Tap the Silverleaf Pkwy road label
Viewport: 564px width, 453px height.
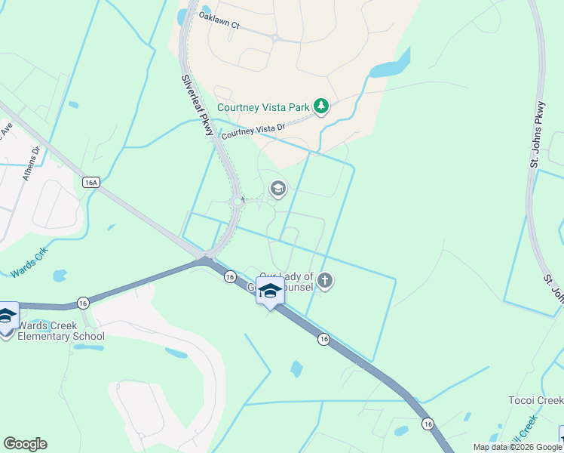coord(198,105)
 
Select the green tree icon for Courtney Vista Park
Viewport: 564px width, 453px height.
coord(322,106)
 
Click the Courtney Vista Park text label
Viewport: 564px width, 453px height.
coord(263,107)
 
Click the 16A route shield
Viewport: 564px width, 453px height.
coord(91,183)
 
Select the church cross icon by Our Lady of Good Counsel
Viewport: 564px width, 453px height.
coord(325,282)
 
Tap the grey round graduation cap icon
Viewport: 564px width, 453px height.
coord(278,188)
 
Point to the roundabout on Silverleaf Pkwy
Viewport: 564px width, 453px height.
coord(238,202)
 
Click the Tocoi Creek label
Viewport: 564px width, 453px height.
coord(535,400)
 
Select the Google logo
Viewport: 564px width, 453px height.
coord(25,444)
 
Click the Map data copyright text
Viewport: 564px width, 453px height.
coord(516,447)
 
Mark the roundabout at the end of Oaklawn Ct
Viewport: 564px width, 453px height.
coord(276,37)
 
